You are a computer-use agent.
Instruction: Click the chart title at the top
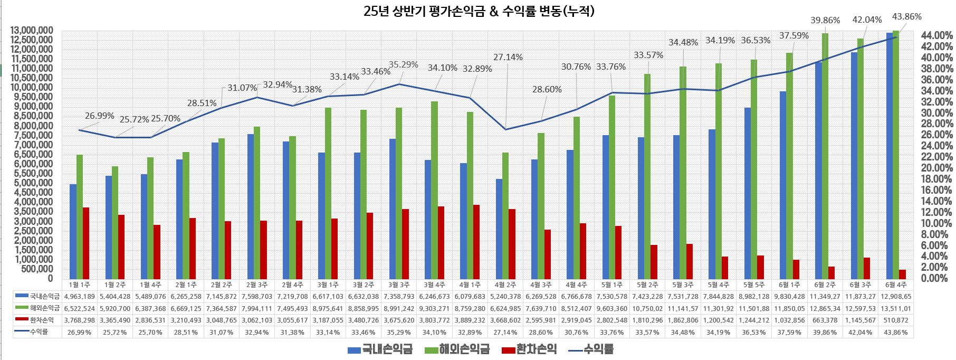[x=479, y=11]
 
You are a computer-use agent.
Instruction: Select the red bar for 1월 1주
[x=86, y=243]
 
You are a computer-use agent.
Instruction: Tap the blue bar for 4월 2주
[x=499, y=229]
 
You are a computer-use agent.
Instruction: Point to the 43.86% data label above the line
[x=906, y=16]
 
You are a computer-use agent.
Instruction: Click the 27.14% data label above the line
[x=508, y=57]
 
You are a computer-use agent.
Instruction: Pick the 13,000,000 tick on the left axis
[x=32, y=31]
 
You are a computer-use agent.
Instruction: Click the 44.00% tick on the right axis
[x=936, y=35]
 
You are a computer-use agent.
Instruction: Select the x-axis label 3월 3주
[x=398, y=285]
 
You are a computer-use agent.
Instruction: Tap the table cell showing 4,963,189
[x=79, y=297]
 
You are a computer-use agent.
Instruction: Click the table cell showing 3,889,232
[x=470, y=320]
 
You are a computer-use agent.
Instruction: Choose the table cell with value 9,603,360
[x=612, y=308]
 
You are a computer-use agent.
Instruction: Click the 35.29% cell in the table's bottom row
[x=398, y=333]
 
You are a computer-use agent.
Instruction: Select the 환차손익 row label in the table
[x=42, y=320]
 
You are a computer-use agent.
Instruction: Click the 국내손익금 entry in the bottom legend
[x=380, y=349]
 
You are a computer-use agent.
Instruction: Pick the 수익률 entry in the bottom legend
[x=591, y=349]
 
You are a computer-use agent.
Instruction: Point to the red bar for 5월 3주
[x=690, y=261]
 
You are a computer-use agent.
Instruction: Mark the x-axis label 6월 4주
[x=896, y=285]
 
